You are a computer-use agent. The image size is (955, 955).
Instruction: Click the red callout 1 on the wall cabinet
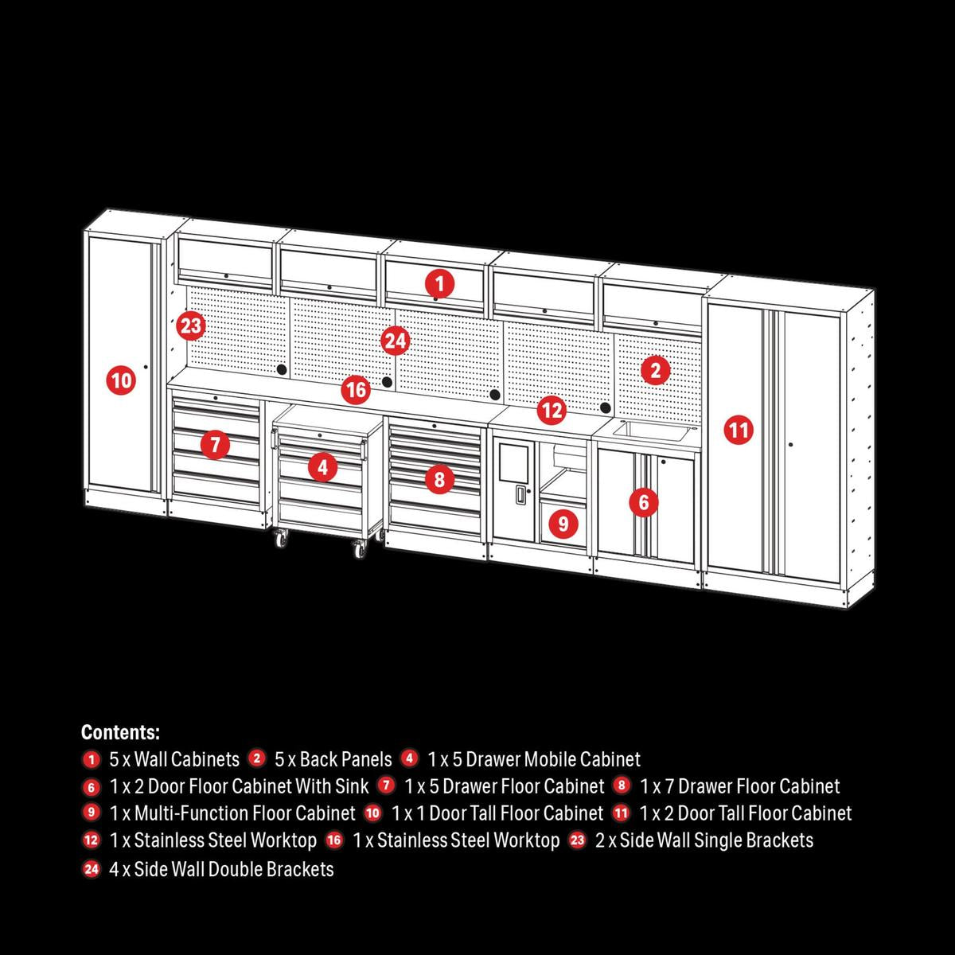439,283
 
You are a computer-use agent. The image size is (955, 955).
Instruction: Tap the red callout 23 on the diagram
191,325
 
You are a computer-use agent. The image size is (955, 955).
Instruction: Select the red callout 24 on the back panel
396,341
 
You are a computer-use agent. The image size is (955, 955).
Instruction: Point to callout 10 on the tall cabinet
121,380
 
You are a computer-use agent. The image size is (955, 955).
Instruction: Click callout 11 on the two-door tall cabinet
739,431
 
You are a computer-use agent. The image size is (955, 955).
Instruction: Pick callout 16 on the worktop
357,390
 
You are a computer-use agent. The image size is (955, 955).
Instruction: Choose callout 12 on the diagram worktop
551,411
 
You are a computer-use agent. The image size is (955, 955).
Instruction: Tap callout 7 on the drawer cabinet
215,444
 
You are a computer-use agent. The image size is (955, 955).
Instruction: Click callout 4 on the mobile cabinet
322,467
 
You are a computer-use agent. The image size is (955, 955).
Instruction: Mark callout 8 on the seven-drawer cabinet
439,479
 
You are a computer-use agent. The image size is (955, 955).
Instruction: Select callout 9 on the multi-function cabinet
563,524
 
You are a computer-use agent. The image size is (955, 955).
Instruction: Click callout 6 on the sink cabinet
643,502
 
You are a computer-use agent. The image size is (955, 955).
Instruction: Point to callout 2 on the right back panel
655,369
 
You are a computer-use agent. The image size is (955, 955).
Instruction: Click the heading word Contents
120,732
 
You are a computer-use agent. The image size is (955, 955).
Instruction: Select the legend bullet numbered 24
92,869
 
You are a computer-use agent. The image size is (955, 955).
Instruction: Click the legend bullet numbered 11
622,813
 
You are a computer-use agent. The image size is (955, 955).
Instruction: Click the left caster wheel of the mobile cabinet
283,540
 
